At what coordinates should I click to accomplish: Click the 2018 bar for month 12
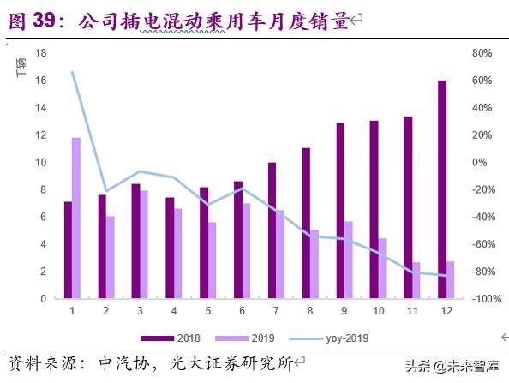pyautogui.click(x=441, y=189)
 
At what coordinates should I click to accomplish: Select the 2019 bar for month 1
pyautogui.click(x=76, y=218)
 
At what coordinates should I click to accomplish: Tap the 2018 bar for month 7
pyautogui.click(x=272, y=230)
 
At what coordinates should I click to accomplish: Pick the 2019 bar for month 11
pyautogui.click(x=417, y=280)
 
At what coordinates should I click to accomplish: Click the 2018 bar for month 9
pyautogui.click(x=339, y=211)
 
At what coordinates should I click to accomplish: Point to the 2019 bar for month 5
pyautogui.click(x=213, y=260)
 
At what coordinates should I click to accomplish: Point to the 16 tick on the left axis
pyautogui.click(x=39, y=80)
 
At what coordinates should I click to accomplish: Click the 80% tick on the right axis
pyautogui.click(x=482, y=53)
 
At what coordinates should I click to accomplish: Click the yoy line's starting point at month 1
pyautogui.click(x=72, y=72)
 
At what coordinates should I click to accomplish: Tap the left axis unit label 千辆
pyautogui.click(x=21, y=69)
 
